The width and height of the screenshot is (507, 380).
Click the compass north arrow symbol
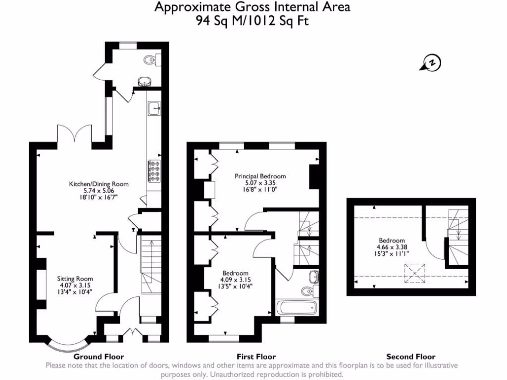click(431, 63)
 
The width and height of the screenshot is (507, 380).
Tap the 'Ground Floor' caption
click(99, 356)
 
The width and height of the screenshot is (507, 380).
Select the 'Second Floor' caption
click(410, 356)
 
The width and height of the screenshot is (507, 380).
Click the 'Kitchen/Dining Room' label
click(99, 184)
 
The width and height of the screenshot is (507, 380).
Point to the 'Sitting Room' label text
click(75, 279)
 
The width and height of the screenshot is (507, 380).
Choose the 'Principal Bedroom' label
click(260, 176)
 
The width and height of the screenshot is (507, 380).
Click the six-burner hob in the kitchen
click(154, 171)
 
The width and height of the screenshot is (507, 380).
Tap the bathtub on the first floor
click(296, 308)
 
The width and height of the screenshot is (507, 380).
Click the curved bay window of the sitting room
click(69, 345)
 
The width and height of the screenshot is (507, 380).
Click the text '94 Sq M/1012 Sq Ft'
click(253, 21)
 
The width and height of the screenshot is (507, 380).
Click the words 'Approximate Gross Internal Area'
click(253, 7)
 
